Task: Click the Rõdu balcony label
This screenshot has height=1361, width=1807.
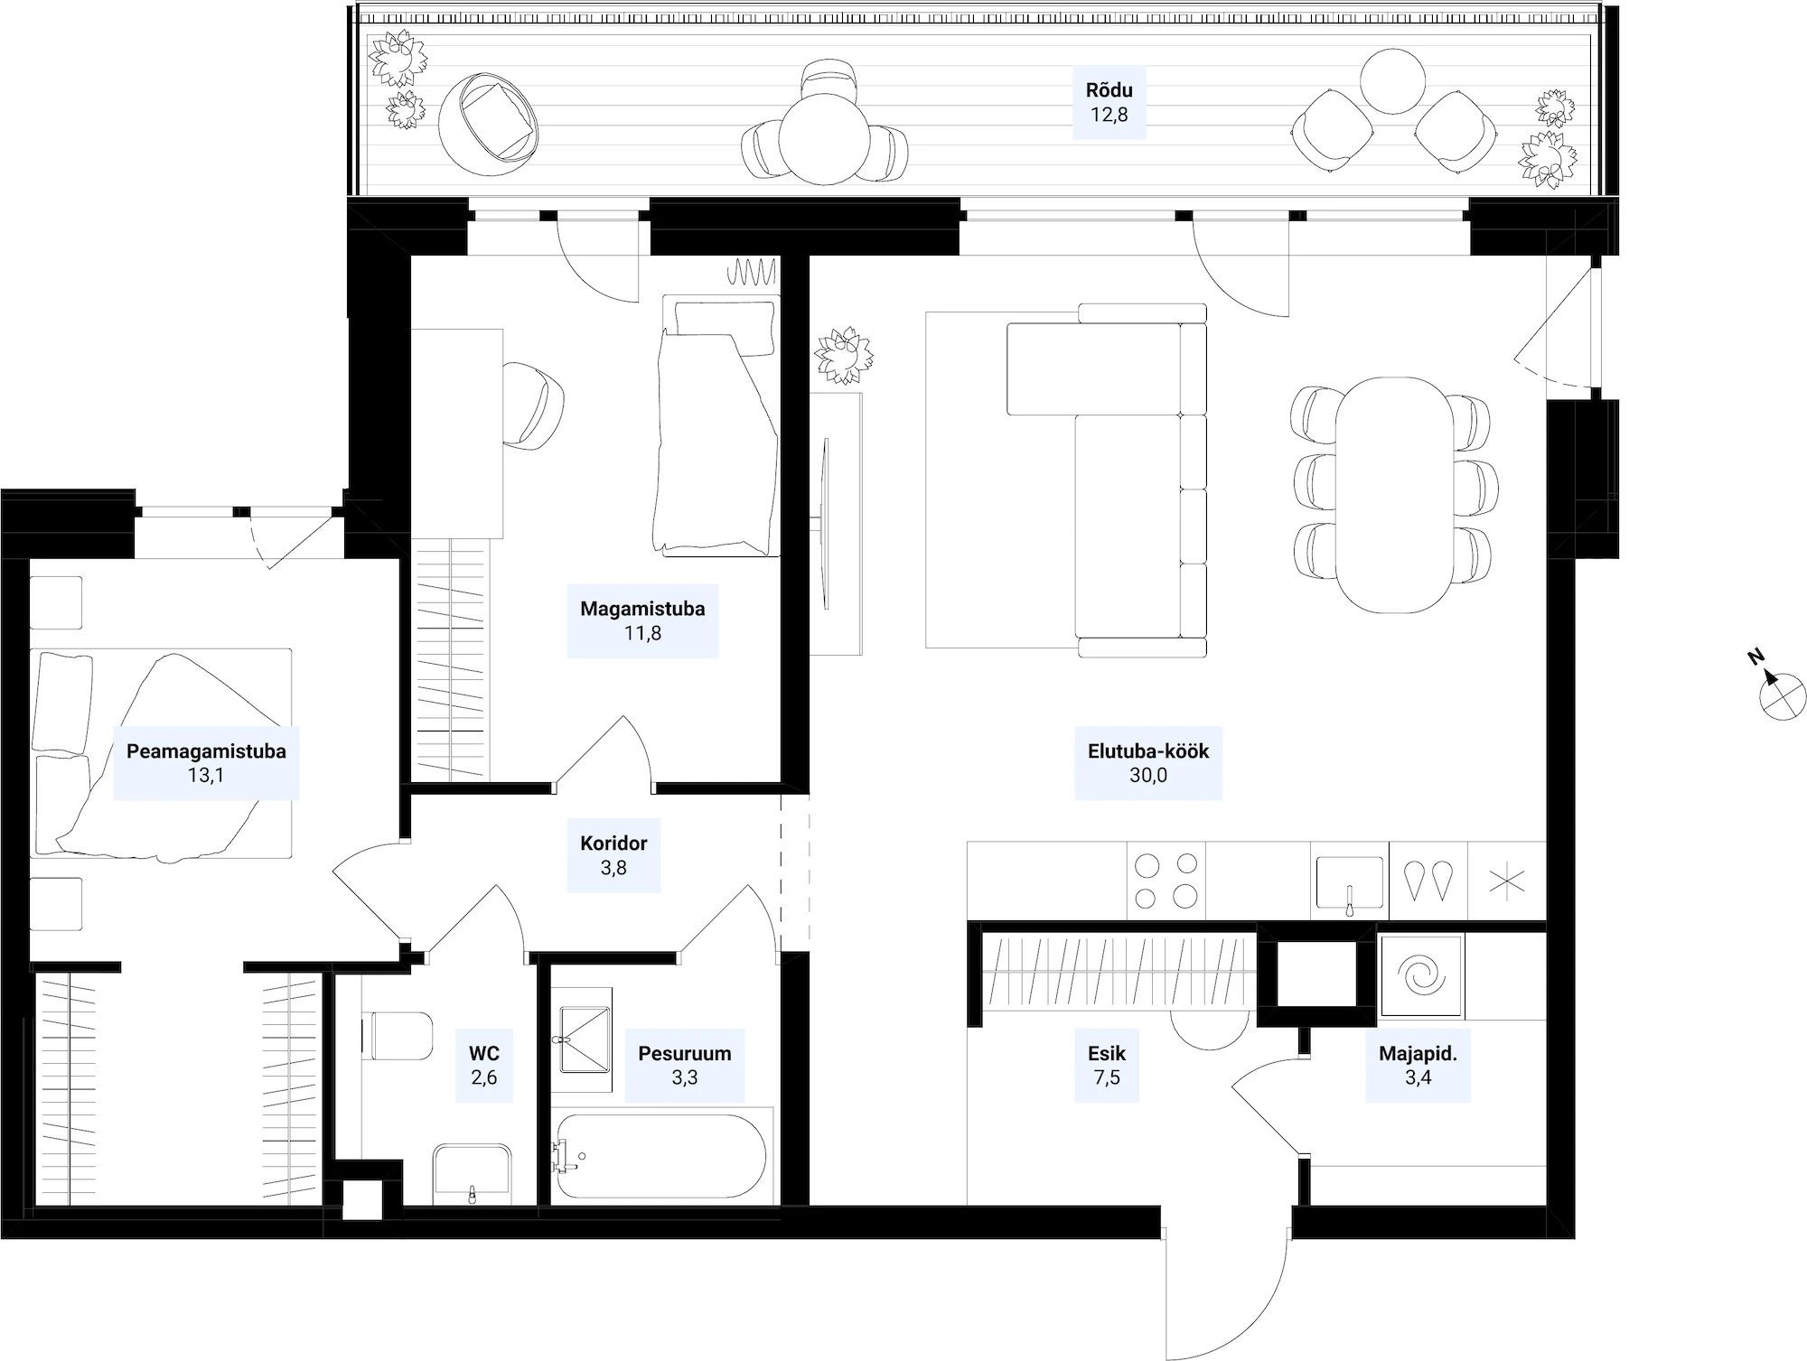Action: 1109,90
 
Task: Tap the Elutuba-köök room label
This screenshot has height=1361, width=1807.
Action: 1148,751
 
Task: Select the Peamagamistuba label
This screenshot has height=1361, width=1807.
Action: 206,751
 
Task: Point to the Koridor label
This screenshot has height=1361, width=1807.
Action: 613,844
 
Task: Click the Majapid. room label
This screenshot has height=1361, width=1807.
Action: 1418,1053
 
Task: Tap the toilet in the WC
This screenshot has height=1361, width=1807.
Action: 398,1035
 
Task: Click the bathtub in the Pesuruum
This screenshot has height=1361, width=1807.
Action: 661,1156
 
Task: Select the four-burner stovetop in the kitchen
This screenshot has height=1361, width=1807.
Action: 1166,881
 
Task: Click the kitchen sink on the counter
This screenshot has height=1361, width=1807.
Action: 1350,882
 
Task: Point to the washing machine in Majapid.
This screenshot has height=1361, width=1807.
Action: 1421,976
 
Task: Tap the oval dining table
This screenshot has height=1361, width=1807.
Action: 1395,495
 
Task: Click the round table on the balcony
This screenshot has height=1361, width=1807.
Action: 824,140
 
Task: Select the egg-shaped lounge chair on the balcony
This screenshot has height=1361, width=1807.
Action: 488,125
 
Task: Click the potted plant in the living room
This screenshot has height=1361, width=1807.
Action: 844,355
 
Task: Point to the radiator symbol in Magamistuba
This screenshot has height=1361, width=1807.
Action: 753,271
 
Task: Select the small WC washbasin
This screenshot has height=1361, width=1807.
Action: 472,1174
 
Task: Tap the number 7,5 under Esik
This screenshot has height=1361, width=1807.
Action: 1107,1077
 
